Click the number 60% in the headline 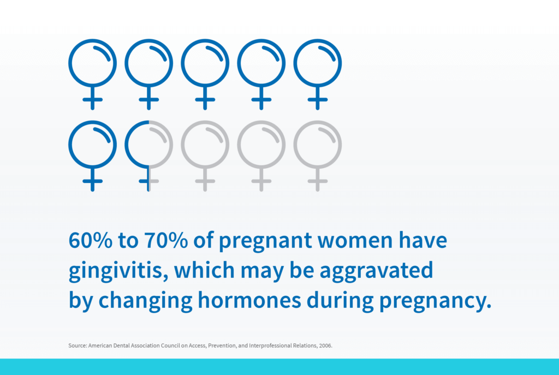point(91,240)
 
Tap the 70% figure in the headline point(166,240)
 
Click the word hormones point(249,300)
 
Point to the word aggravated point(377,271)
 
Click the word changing point(145,301)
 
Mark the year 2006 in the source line point(325,346)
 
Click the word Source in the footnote point(78,346)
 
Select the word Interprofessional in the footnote point(270,346)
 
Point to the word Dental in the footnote point(121,346)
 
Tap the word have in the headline point(423,240)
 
